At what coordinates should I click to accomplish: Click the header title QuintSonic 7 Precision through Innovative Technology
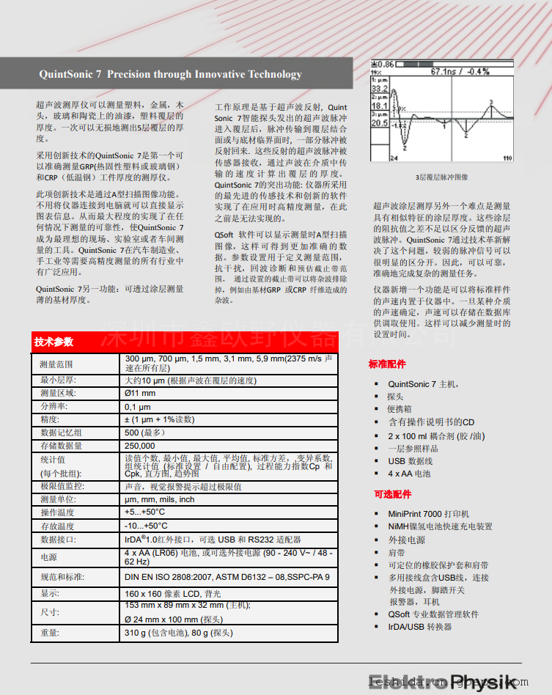coord(170,74)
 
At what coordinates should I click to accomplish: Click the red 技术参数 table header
coord(54,342)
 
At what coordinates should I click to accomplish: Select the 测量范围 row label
coord(56,364)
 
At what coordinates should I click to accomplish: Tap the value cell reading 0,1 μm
coord(138,406)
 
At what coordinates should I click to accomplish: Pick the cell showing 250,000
coord(140,445)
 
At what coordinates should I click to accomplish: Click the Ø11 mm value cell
coord(140,393)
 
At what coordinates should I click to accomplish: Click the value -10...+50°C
coord(146,526)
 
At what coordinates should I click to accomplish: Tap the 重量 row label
coord(50,633)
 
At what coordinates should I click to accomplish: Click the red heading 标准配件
coord(386,364)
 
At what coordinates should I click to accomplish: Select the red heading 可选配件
coord(386,494)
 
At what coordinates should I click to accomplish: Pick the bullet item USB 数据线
coord(411,461)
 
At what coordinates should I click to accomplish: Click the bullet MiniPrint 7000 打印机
coord(429,514)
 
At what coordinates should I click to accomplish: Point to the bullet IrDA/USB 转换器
coord(420,627)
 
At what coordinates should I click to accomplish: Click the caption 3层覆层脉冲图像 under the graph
coord(442,177)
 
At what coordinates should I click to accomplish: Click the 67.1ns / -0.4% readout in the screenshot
coord(460,72)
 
